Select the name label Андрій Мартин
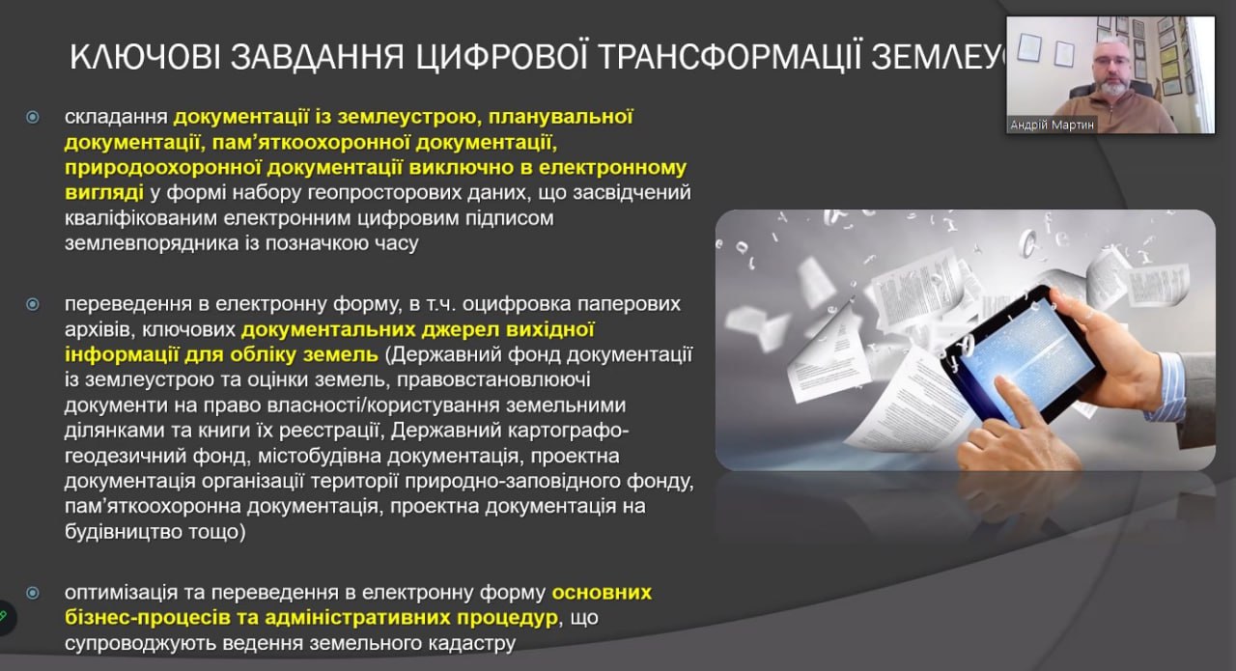point(1053,125)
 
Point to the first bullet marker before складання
point(33,117)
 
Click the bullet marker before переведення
point(33,303)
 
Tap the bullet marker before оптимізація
point(33,592)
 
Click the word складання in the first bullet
point(116,118)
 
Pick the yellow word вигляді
point(100,192)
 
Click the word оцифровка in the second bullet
point(512,304)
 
